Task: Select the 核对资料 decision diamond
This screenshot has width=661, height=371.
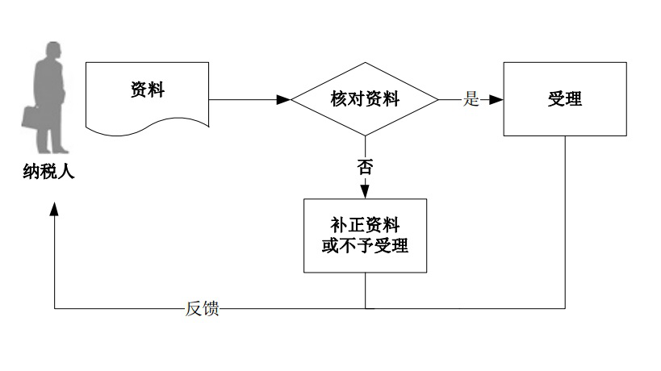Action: pos(364,99)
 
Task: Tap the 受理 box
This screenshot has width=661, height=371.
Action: pos(564,99)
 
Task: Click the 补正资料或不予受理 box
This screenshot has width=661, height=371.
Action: pos(364,235)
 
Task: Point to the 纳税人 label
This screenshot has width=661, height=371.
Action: pos(49,170)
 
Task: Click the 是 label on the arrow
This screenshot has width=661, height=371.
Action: pos(471,99)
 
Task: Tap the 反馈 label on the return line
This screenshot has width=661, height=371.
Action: pos(202,309)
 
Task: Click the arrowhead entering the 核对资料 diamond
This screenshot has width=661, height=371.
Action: pos(283,99)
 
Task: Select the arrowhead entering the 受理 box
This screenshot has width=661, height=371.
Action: pos(496,99)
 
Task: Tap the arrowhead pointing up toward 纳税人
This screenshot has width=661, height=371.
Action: pos(54,207)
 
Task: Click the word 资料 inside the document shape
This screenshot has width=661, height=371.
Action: pos(148,90)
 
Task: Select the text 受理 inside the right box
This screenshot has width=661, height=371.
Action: pos(564,99)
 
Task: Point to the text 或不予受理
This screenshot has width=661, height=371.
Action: pos(364,245)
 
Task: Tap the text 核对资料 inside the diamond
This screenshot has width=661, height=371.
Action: pos(364,99)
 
